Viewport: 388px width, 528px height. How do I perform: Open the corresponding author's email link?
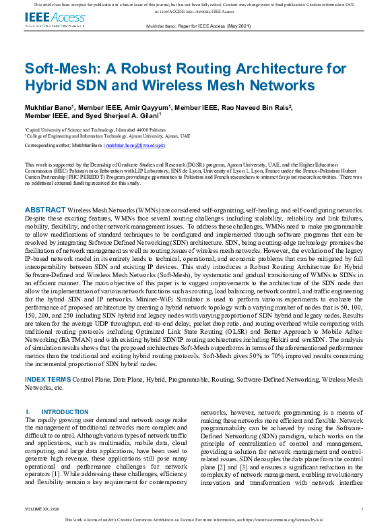point(135,145)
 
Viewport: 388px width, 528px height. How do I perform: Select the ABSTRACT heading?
point(45,192)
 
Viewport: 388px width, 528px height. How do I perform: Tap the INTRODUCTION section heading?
point(65,411)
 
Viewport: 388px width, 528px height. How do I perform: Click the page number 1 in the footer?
point(362,509)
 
